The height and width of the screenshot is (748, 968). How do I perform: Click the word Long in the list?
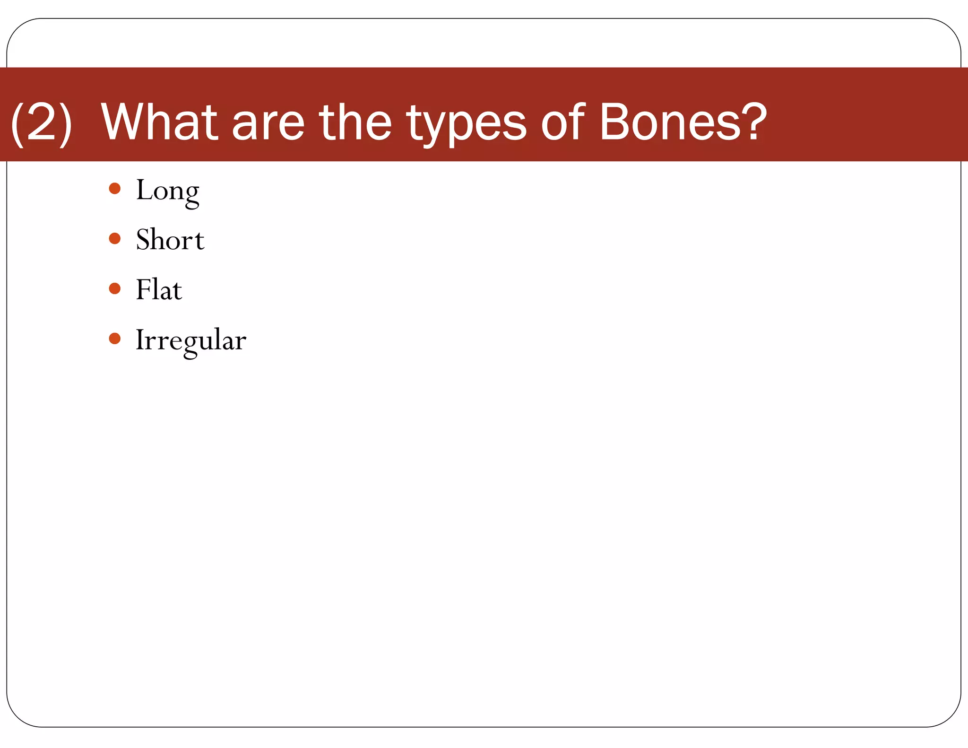point(167,191)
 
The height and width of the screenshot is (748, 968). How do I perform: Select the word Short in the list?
point(170,240)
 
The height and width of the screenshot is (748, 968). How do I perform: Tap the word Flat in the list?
point(159,289)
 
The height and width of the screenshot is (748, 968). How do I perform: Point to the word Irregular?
point(191,340)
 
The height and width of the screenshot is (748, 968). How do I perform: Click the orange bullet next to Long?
point(115,189)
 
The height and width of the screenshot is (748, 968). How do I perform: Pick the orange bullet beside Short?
point(115,238)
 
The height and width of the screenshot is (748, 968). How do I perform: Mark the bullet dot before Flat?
point(115,288)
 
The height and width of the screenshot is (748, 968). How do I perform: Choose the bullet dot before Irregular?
point(115,339)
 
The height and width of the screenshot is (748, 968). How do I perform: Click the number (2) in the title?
point(42,123)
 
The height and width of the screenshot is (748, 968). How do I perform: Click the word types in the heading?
point(467,125)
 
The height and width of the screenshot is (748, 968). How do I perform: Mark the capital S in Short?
point(143,239)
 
